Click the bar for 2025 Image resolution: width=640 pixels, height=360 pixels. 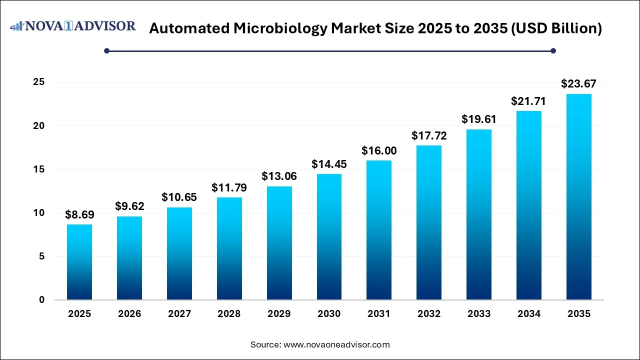79,262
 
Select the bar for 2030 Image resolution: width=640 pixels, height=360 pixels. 329,237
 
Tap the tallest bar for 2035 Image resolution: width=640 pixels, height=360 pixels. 579,197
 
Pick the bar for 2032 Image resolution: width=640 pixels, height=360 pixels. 429,222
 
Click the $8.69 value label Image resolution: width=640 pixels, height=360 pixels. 79,215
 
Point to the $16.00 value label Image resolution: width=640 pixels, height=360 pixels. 379,151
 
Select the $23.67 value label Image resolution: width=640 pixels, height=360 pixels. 578,84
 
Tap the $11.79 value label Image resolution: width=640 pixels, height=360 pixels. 229,188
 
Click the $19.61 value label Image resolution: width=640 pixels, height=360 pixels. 479,119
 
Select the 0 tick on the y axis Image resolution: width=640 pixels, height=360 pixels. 41,300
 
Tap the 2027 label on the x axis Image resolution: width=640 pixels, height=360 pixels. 179,314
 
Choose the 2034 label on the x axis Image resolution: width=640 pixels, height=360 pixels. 529,314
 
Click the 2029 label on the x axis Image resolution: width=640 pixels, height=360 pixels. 279,314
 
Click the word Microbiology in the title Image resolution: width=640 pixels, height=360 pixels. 281,28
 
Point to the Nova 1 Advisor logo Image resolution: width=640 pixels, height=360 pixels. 73,26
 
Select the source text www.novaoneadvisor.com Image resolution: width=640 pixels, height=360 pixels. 336,344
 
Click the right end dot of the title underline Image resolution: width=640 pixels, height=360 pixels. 553,50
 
